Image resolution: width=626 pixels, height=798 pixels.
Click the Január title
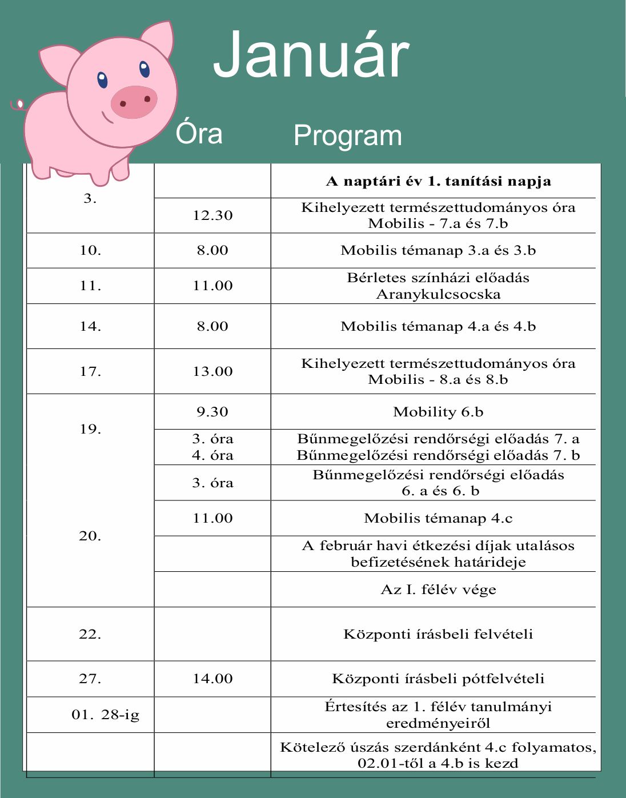coord(311,55)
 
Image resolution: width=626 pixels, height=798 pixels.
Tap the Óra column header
coord(199,133)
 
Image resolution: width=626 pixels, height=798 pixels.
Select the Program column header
coord(347,136)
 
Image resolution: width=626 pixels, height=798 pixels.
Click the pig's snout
coord(134,102)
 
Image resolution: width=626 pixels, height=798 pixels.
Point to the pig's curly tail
coord(18,105)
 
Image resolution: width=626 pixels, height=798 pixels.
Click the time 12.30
coord(212,215)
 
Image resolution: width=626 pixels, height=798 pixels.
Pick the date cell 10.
coord(90,250)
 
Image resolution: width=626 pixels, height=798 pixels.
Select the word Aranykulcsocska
coord(438,295)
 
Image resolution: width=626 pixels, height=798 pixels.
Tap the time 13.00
coord(212,371)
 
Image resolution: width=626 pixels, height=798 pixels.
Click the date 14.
coord(90,326)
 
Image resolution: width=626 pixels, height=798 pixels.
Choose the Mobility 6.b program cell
coord(438,412)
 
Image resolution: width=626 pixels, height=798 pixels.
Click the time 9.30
coord(212,412)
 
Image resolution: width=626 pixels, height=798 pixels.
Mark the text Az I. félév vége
coord(438,590)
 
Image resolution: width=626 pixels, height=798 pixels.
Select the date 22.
coord(90,634)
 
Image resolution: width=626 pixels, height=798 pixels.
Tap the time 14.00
coord(212,679)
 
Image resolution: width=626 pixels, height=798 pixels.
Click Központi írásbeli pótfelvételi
coord(438,679)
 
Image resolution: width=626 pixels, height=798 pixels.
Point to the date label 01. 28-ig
coord(106,715)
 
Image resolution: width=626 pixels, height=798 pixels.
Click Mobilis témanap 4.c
coord(438,519)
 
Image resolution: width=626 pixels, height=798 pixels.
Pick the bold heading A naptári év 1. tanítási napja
coord(438,182)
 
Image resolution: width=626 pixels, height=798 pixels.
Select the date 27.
coord(90,679)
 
